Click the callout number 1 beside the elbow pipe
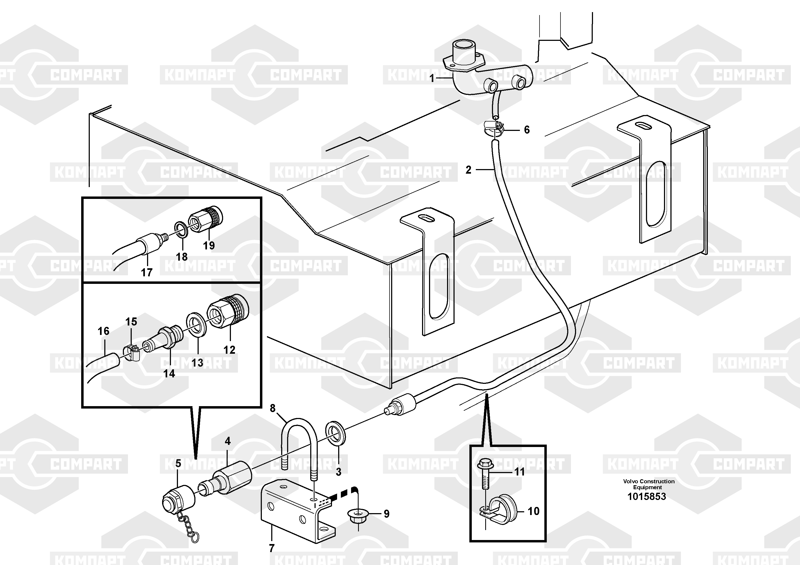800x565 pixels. point(432,78)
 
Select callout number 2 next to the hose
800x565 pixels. point(468,170)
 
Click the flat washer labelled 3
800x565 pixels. point(335,433)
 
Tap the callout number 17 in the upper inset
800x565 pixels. point(147,272)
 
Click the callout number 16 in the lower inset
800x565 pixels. point(103,331)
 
